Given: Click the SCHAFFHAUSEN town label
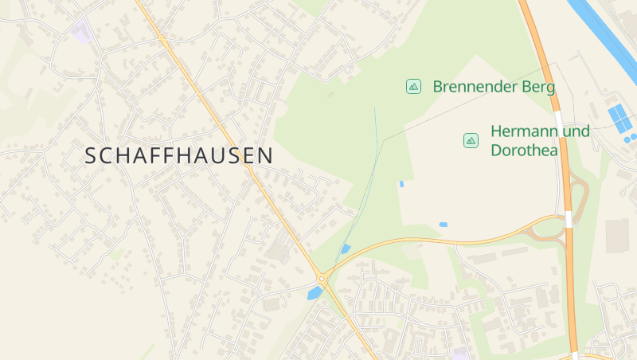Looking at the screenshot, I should click(178, 156).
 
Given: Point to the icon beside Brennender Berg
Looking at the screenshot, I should click(413, 86).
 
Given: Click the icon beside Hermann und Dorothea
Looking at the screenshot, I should click(471, 140).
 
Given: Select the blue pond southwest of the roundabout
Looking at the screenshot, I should click(314, 293).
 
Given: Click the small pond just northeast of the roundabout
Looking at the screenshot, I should click(345, 249).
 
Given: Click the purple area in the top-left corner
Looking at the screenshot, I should click(80, 33).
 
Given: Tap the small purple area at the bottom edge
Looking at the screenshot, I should click(459, 353).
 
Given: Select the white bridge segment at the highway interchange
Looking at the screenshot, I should click(569, 219).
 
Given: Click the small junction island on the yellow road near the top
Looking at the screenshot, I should click(162, 37).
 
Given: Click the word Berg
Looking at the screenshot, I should click(537, 87).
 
